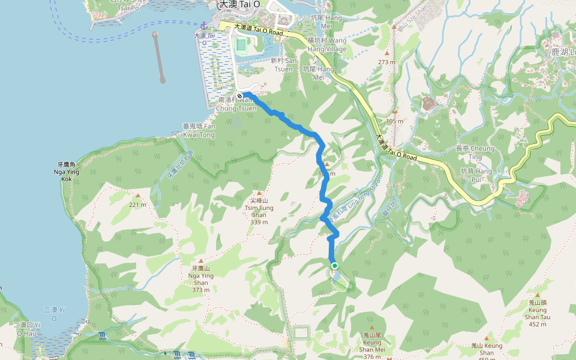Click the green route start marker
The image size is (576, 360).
pyautogui.click(x=334, y=266)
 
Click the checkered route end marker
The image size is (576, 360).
pyautogui.click(x=239, y=96)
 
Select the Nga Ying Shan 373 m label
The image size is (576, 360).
pyautogui.click(x=200, y=279)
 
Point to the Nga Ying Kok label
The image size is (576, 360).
pyautogui.click(x=67, y=172)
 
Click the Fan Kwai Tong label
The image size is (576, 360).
pyautogui.click(x=199, y=130)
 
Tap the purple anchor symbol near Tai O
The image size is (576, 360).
pyautogui.click(x=203, y=26)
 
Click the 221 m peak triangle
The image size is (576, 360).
pyautogui.click(x=139, y=196)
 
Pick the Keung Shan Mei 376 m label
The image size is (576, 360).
pyautogui.click(x=373, y=346)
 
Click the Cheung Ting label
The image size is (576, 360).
pyautogui.click(x=475, y=152)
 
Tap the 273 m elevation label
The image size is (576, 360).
pyautogui.click(x=386, y=62)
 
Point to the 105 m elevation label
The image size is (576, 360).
pyautogui.click(x=395, y=121)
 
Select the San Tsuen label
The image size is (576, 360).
pyautogui.click(x=283, y=65)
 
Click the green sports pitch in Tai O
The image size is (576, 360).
pyautogui.click(x=241, y=44)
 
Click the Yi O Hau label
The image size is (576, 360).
pyautogui.click(x=27, y=328)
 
